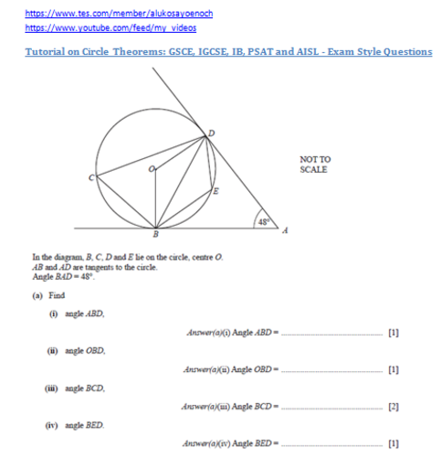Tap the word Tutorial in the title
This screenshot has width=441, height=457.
[37, 52]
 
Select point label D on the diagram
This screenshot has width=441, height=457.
[213, 133]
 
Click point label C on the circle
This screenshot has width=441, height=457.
[91, 178]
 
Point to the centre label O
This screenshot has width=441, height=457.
[152, 170]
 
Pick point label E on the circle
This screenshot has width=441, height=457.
[215, 192]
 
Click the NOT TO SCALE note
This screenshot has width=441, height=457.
[315, 165]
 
